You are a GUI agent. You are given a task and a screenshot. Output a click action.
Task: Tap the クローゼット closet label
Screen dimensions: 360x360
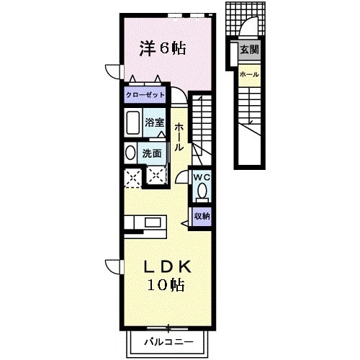(x=146, y=94)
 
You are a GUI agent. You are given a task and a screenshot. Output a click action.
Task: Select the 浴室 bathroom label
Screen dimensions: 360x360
(x=154, y=122)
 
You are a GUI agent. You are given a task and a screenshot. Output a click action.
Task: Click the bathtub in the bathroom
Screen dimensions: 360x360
(x=133, y=125)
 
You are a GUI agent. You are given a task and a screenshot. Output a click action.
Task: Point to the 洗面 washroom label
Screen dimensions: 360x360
(x=151, y=153)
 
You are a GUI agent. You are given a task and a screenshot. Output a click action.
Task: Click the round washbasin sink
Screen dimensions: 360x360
(x=130, y=153)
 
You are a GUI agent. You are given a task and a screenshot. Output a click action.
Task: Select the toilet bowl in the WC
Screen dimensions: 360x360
(x=202, y=191)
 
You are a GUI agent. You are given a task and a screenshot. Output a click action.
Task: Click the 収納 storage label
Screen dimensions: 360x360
(x=202, y=215)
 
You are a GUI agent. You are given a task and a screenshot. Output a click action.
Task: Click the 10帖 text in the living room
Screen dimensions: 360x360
(x=166, y=284)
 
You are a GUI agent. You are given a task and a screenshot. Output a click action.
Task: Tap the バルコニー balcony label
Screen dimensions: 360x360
(x=168, y=340)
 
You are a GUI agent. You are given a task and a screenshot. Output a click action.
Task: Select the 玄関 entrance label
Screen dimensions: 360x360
(x=249, y=50)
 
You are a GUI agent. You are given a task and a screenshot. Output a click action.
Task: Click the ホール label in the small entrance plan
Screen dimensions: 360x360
(x=249, y=74)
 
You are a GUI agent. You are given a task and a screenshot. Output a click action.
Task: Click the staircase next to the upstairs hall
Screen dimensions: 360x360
(x=202, y=122)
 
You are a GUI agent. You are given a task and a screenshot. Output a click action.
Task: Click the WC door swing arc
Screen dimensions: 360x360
(x=181, y=179)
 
